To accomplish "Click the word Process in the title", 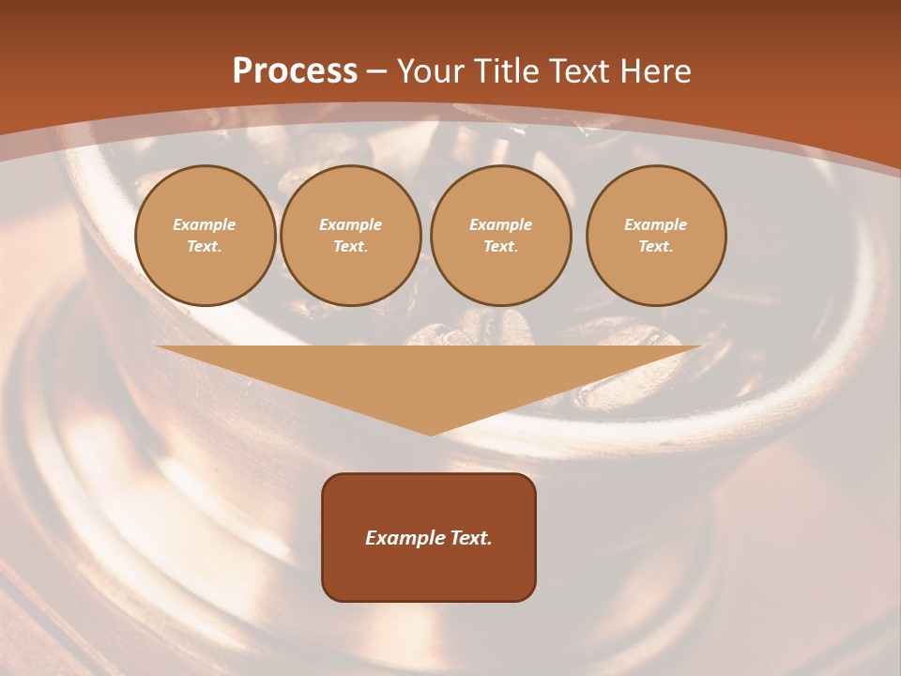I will (295, 71).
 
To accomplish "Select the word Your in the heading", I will (431, 71).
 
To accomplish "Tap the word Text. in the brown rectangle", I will (469, 538).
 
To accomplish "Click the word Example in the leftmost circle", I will (205, 224).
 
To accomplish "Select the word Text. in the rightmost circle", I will (656, 246).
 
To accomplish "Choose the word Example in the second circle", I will (350, 224).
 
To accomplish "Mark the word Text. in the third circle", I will (500, 246).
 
